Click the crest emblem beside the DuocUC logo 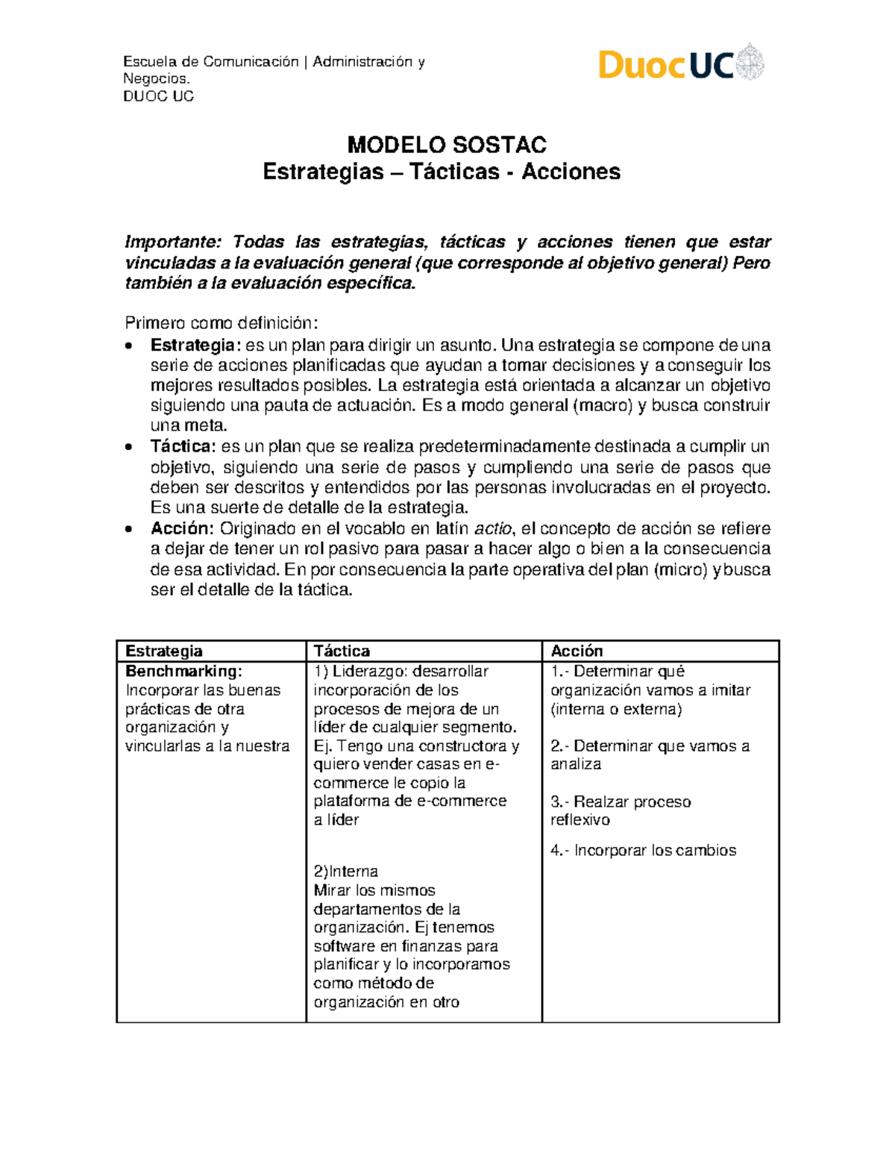pos(750,63)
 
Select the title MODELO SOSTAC pos(447,145)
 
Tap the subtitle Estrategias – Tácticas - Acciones pos(442,172)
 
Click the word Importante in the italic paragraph pos(173,242)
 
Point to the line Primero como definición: pos(222,323)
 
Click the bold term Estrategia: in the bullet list pos(195,345)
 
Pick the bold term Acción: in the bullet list pos(183,528)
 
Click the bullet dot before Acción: pos(130,529)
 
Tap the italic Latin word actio pos(494,528)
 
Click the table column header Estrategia pos(163,651)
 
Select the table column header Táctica pos(342,651)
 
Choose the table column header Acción pos(577,651)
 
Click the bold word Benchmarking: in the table pos(183,671)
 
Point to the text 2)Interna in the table pos(345,871)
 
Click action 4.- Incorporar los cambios pos(643,850)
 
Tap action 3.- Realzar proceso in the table pos(621,802)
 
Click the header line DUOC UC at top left pos(158,96)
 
